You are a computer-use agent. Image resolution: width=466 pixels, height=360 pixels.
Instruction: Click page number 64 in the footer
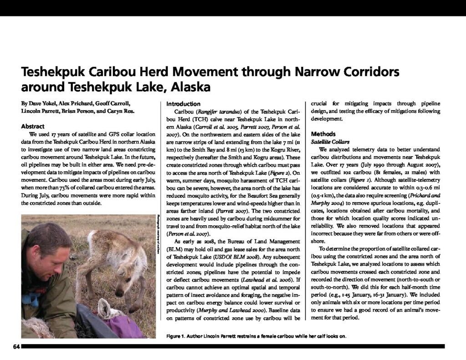tap(16, 347)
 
